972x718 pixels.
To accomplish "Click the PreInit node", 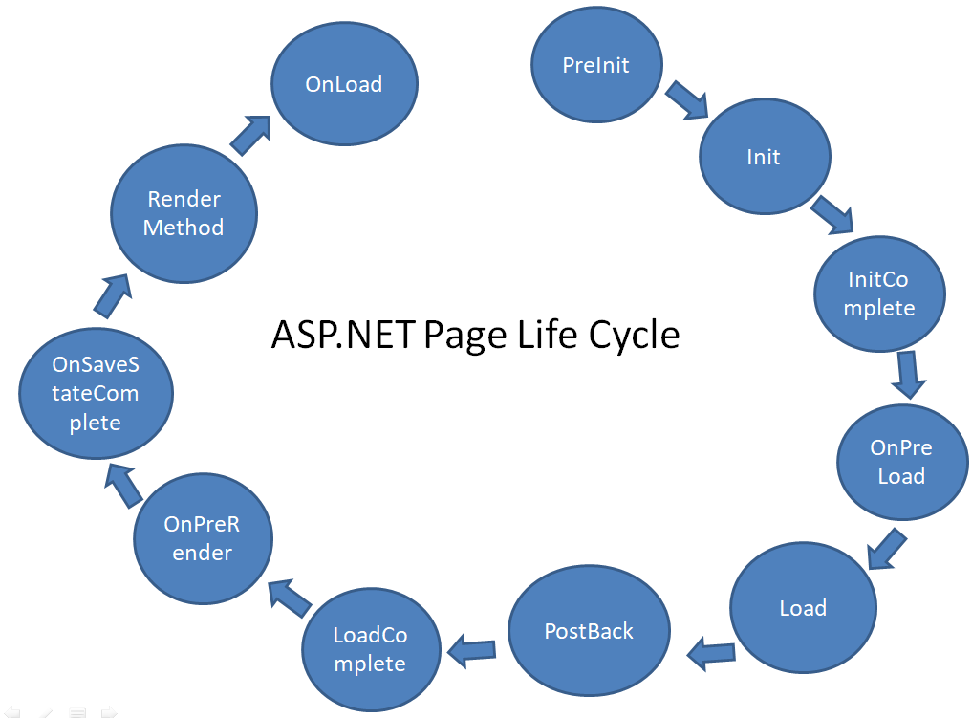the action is pos(596,64).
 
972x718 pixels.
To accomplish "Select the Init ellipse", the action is pos(765,157).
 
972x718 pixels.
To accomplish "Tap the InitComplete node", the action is pos(879,294).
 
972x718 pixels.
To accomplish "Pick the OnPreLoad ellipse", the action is pos(902,462).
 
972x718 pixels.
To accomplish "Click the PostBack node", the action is pos(589,631).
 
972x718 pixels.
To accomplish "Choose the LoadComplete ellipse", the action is pos(371,650).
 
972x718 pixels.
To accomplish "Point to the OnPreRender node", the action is pos(203,538).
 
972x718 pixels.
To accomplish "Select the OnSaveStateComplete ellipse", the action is pos(97,393).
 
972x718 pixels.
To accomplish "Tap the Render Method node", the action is pos(184,214).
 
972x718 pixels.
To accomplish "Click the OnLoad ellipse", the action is pos(344,84).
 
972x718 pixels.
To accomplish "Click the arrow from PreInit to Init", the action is pos(687,99).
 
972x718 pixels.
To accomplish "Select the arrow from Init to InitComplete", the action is pos(832,214).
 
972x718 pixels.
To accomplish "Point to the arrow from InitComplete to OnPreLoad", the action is pos(908,375).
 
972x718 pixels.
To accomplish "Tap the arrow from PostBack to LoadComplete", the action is pos(471,650).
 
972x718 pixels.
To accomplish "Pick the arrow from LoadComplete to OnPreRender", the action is pos(289,598).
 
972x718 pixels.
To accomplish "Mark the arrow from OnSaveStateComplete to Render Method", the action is pos(113,296).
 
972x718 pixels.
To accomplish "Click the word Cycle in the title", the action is pos(634,336).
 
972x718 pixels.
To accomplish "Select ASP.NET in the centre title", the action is pos(343,335).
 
